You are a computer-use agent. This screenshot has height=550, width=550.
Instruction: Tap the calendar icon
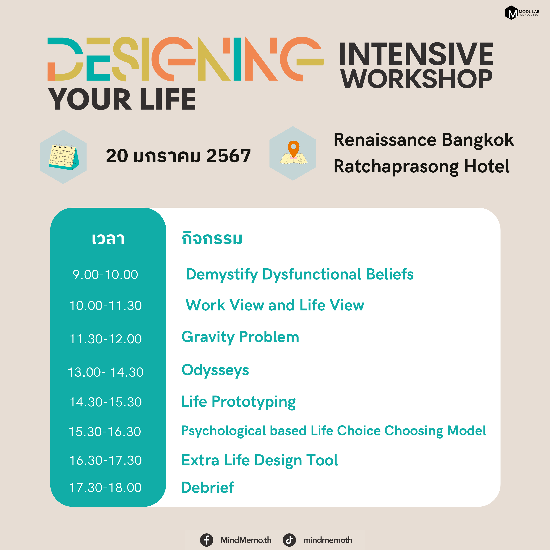tap(64, 157)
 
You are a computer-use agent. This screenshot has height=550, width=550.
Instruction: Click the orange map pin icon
tap(293, 150)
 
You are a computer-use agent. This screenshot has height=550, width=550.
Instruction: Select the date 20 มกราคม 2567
tap(178, 156)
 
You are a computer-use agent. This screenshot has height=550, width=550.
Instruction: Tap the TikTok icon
tap(289, 540)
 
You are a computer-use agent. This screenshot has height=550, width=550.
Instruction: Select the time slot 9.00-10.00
tap(105, 274)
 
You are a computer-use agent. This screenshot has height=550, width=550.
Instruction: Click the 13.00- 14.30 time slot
tap(105, 372)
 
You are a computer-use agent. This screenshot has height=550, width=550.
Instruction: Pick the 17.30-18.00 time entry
tap(105, 487)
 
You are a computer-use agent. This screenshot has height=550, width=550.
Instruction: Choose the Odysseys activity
tap(215, 371)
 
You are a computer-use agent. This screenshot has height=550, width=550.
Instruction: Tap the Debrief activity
tap(207, 487)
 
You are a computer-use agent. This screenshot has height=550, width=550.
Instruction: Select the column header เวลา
tap(108, 239)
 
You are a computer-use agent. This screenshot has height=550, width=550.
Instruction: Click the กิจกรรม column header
tap(212, 238)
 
